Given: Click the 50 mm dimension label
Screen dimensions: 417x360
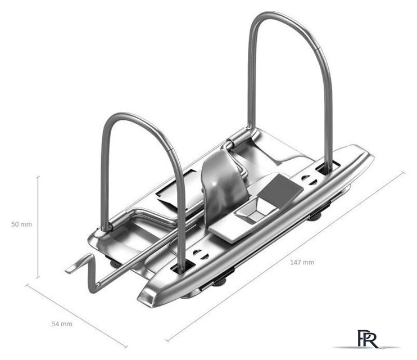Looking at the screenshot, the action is pyautogui.click(x=21, y=224).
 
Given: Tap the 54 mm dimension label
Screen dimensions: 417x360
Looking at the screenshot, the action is pyautogui.click(x=62, y=324).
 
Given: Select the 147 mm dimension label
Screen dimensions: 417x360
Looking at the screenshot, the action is pyautogui.click(x=302, y=262).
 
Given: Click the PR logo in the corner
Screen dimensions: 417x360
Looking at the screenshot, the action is pyautogui.click(x=368, y=339).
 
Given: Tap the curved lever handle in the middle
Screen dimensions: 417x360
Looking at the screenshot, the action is pyautogui.click(x=224, y=184).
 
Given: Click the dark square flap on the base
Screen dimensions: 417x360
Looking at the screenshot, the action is pyautogui.click(x=281, y=188).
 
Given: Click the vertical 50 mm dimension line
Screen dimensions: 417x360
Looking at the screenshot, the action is pyautogui.click(x=38, y=227).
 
